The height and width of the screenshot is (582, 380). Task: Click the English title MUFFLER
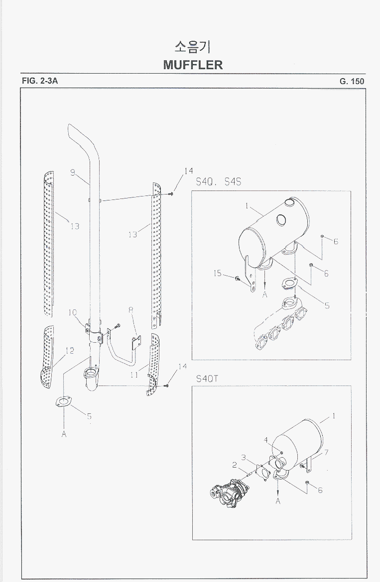(x=193, y=65)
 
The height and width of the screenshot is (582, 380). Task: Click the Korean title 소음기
(x=192, y=47)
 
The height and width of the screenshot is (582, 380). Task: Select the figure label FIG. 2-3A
(x=40, y=81)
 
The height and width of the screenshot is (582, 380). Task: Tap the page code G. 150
(x=352, y=81)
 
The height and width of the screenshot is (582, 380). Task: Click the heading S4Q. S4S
(x=219, y=182)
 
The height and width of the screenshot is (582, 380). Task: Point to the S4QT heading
(x=207, y=379)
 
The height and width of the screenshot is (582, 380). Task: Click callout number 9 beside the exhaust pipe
(x=73, y=173)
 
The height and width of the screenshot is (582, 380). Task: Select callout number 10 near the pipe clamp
(x=72, y=312)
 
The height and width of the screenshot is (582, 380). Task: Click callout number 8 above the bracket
(x=131, y=309)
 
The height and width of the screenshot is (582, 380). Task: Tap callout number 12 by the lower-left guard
(x=69, y=350)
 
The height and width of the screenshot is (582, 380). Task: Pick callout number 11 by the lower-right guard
(x=134, y=375)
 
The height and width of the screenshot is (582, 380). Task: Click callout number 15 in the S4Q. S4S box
(x=217, y=273)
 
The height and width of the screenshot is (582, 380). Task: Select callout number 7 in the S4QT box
(x=326, y=452)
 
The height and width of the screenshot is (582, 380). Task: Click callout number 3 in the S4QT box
(x=244, y=457)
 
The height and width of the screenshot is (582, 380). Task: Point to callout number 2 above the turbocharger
(x=235, y=465)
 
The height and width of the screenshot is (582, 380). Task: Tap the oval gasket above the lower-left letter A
(x=64, y=402)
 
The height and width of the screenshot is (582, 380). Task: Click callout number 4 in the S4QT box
(x=266, y=440)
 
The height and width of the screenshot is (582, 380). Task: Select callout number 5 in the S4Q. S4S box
(x=327, y=305)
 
